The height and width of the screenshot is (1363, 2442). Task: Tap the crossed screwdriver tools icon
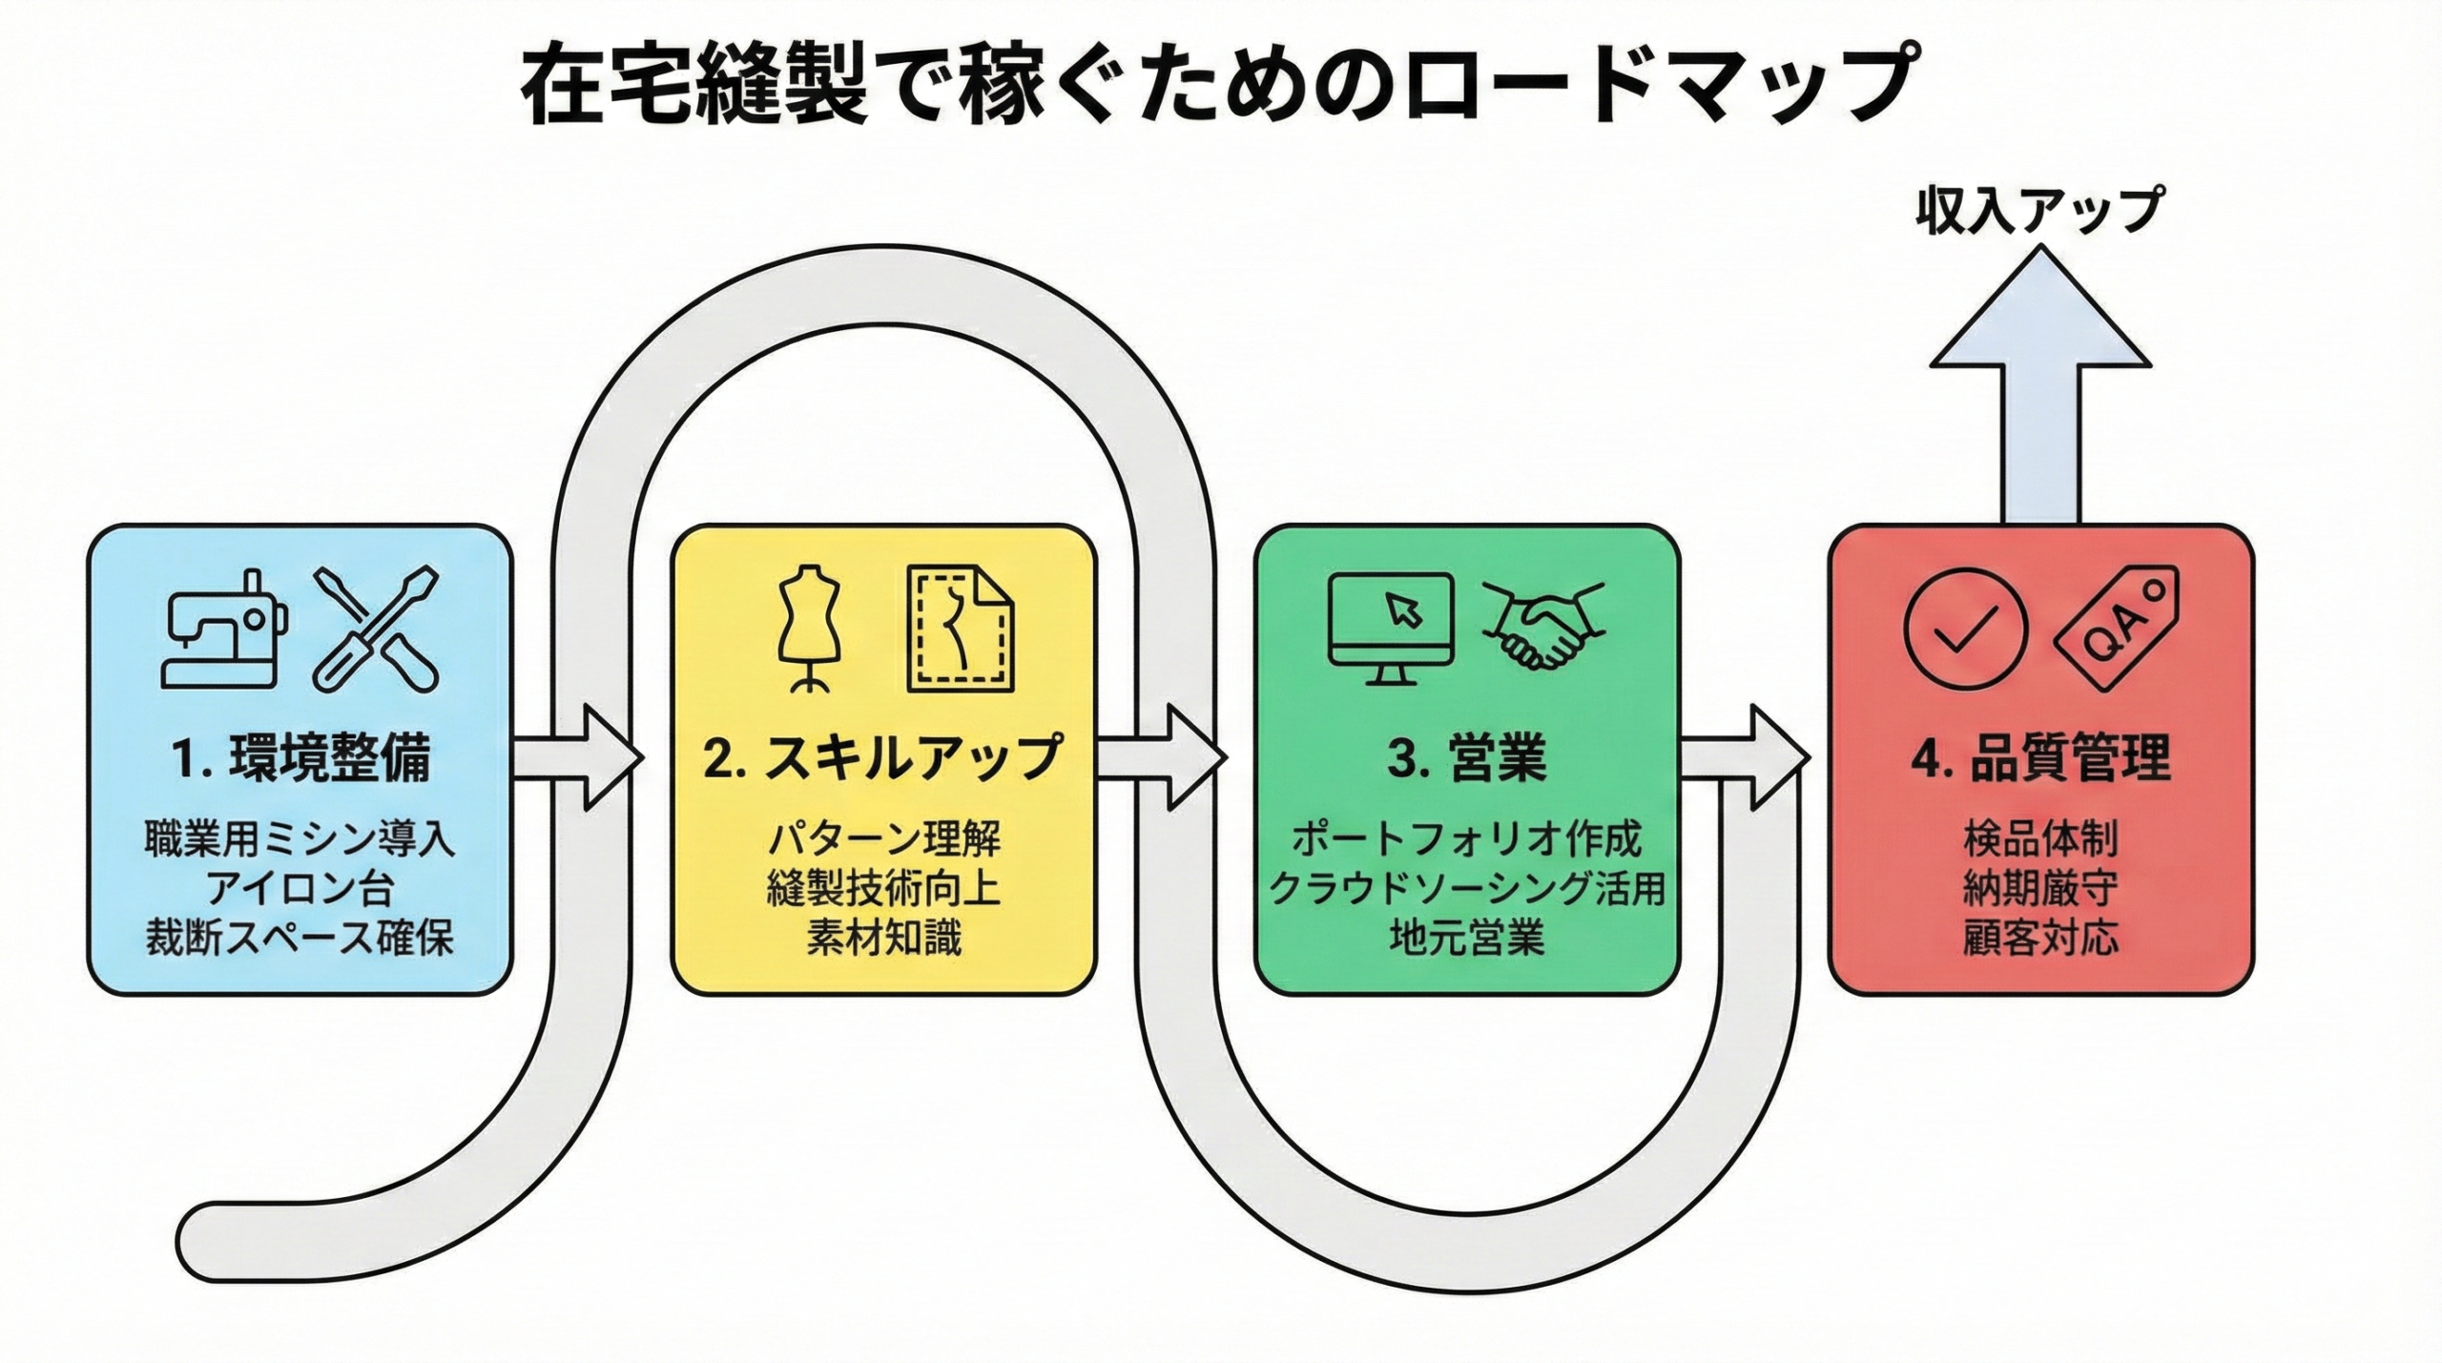(x=377, y=630)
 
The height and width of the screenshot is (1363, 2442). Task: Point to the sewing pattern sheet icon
(x=961, y=630)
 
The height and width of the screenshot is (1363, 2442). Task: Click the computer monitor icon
(x=1392, y=627)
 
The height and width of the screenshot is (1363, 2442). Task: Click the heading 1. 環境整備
(x=300, y=759)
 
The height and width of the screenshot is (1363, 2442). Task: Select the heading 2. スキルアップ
(x=883, y=759)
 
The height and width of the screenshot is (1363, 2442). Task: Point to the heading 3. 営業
(x=1467, y=759)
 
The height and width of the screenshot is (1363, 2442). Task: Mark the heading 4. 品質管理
(x=2040, y=759)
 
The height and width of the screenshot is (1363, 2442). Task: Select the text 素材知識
(x=883, y=939)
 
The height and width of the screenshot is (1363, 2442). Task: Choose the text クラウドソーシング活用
(x=1467, y=889)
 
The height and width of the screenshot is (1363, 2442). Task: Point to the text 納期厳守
(x=2040, y=889)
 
